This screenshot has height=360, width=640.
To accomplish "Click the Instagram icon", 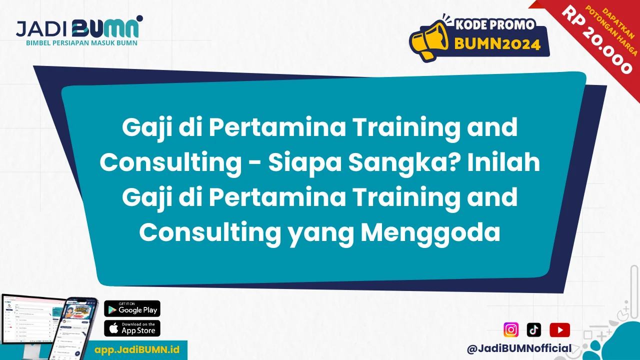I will pyautogui.click(x=511, y=330).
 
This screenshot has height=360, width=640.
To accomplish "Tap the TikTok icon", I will pyautogui.click(x=534, y=330).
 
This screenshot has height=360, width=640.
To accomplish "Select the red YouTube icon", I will pyautogui.click(x=559, y=330).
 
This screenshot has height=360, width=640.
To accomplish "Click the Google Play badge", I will pyautogui.click(x=132, y=309).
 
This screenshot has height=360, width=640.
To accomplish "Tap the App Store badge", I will pyautogui.click(x=132, y=328).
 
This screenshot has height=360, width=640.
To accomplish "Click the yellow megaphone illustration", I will pyautogui.click(x=428, y=40).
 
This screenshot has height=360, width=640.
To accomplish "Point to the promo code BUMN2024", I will pyautogui.click(x=497, y=44).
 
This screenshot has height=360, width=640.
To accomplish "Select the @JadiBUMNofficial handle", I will pyautogui.click(x=519, y=348).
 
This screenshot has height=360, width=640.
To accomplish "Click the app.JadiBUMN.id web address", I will pyautogui.click(x=137, y=349).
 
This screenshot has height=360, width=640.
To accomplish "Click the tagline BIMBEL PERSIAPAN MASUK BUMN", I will pyautogui.click(x=81, y=43).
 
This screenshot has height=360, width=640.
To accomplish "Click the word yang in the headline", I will pyautogui.click(x=317, y=233).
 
